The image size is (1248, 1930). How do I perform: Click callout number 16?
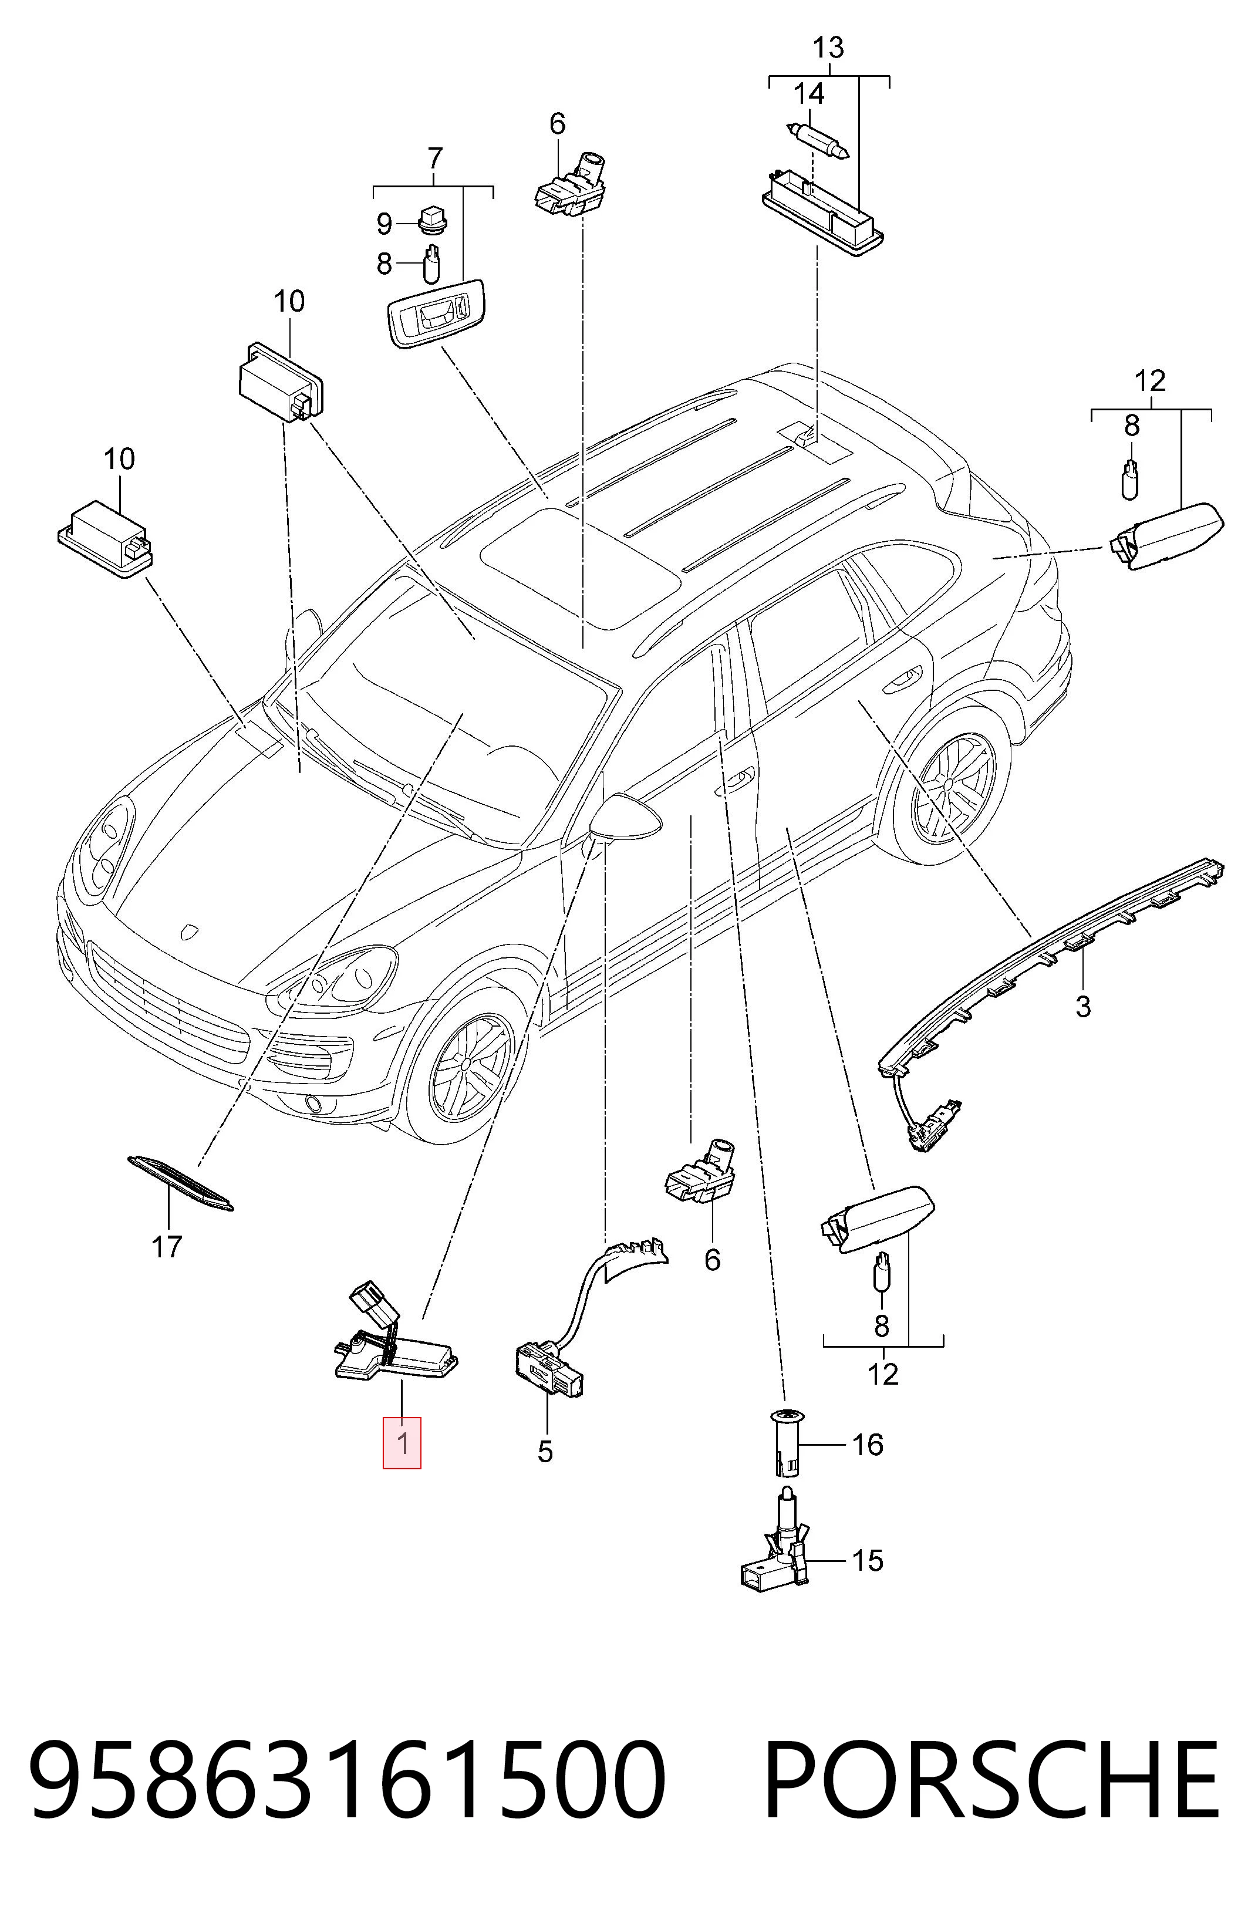(x=867, y=1444)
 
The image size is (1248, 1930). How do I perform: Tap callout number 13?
(x=828, y=47)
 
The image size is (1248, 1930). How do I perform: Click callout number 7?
(x=434, y=157)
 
